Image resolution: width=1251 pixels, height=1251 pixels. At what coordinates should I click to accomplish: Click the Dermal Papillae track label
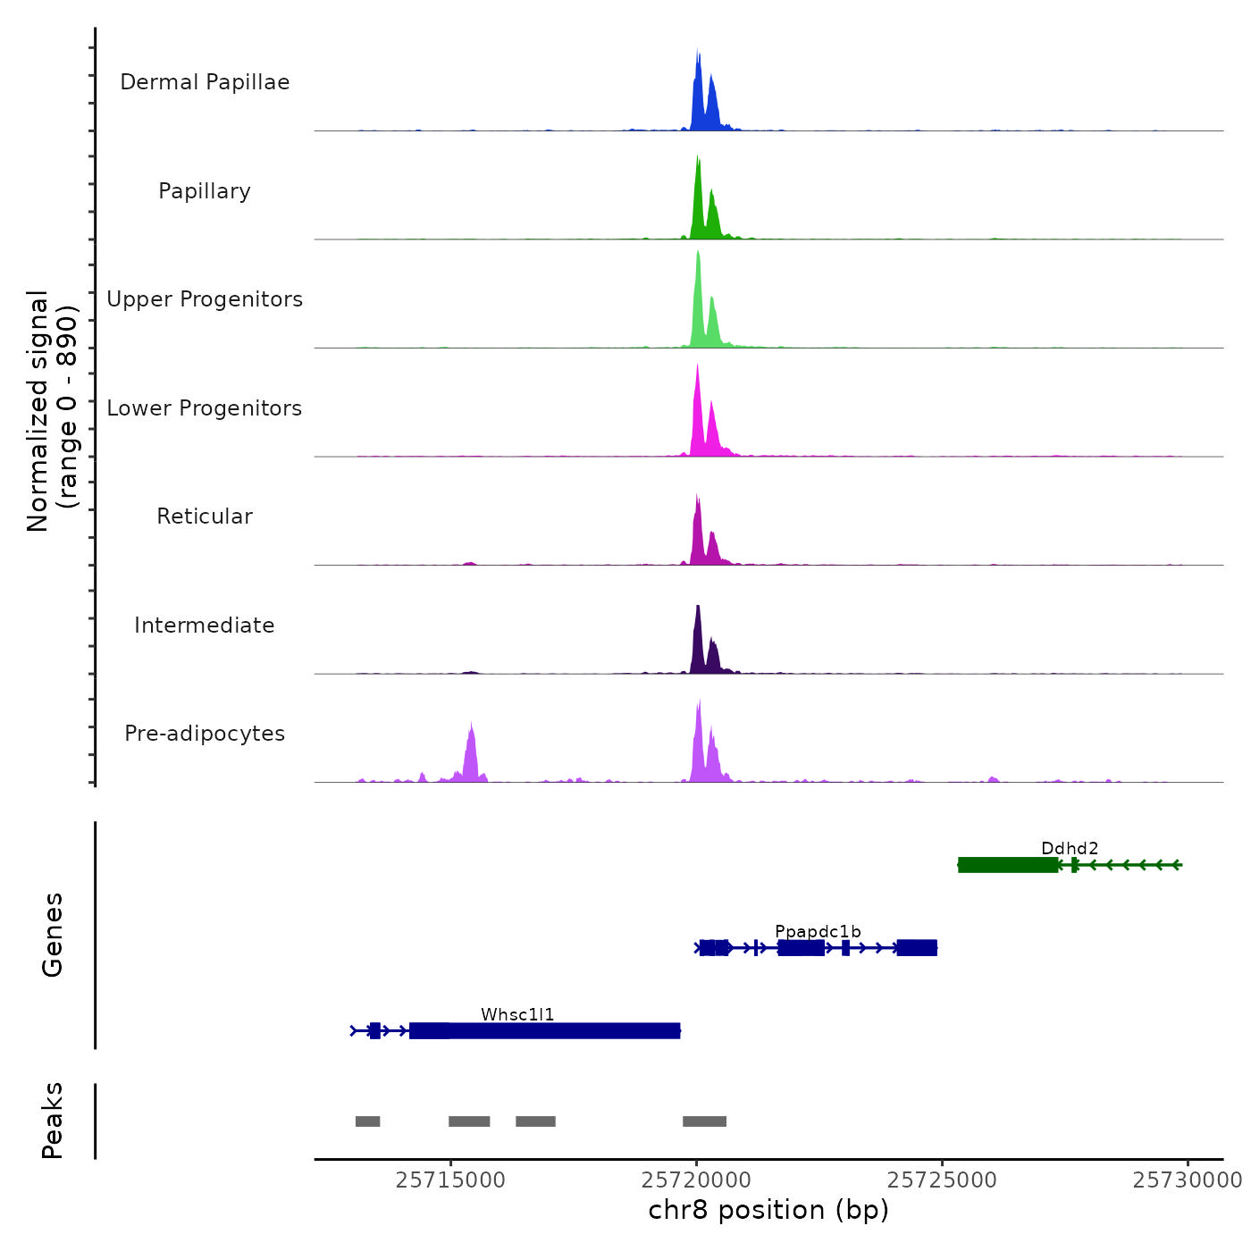pos(205,82)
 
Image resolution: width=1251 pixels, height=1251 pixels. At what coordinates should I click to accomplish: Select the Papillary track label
pos(205,191)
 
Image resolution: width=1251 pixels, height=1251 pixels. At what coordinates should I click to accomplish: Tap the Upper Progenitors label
pos(205,299)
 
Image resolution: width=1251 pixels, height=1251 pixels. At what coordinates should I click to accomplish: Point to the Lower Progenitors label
pos(205,408)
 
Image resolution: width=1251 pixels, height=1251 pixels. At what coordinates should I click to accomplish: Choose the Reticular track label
pos(205,516)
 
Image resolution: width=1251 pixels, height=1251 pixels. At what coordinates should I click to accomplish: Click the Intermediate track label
pos(205,625)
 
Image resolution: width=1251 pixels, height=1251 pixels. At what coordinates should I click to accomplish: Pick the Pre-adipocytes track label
pos(205,734)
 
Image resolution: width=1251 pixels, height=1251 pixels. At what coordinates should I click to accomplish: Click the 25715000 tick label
pos(450,1180)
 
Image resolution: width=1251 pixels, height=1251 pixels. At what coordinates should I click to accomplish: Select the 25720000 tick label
pos(696,1180)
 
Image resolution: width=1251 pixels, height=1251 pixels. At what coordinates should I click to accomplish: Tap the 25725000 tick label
pos(942,1180)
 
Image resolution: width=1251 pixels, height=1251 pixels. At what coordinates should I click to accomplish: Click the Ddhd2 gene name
pos(1070,849)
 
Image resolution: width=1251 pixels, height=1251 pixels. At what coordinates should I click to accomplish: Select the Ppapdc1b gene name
pos(818,932)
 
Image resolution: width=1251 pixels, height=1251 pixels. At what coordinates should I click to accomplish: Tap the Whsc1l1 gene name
pos(517,1015)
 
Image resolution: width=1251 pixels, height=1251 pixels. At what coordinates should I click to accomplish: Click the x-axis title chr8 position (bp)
pos(768,1210)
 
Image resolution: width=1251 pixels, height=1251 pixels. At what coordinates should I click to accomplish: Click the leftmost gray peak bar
pos(367,1121)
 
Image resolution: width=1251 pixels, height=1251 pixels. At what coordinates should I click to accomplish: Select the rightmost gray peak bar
pos(704,1121)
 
